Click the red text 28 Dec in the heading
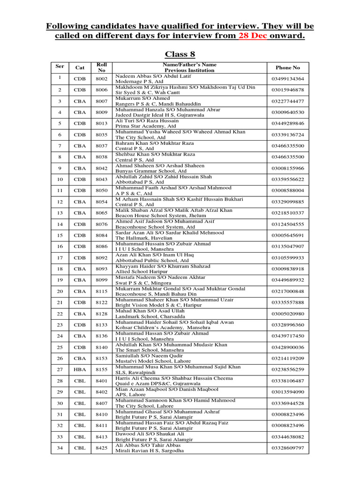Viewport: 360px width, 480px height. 253,36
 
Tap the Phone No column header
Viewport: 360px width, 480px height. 288,67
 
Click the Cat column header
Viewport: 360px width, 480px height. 80,67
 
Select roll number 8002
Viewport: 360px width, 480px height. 102,79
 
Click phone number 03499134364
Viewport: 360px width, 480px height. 288,79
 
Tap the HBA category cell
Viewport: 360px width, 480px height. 80,369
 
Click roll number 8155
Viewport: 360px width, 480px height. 102,369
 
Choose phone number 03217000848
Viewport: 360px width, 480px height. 288,291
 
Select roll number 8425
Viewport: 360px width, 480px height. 102,448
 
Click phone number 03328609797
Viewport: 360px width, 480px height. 288,448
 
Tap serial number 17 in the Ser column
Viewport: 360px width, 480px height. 60,258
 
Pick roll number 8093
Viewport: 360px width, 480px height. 102,269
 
